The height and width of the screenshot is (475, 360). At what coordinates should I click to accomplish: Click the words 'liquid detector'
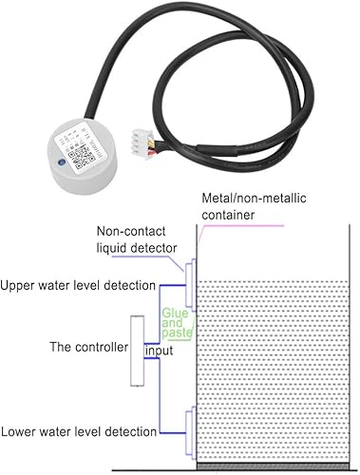coord(137,251)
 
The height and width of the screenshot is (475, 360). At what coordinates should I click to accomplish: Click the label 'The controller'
coord(88,348)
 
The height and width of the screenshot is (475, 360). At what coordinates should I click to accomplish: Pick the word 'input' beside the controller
coord(161,351)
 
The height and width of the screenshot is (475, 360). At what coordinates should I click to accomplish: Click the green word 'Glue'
coord(175,311)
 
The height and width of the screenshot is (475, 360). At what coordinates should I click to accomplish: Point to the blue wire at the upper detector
coord(171,283)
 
